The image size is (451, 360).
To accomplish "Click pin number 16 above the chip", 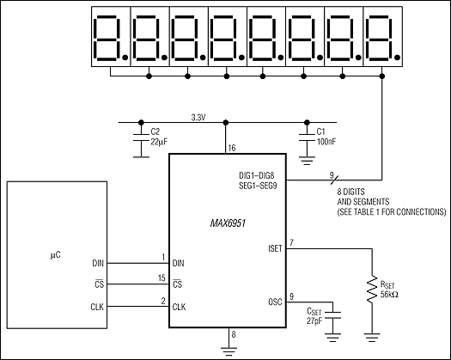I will [x=231, y=149].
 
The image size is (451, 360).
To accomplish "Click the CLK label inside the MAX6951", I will [x=180, y=308].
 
